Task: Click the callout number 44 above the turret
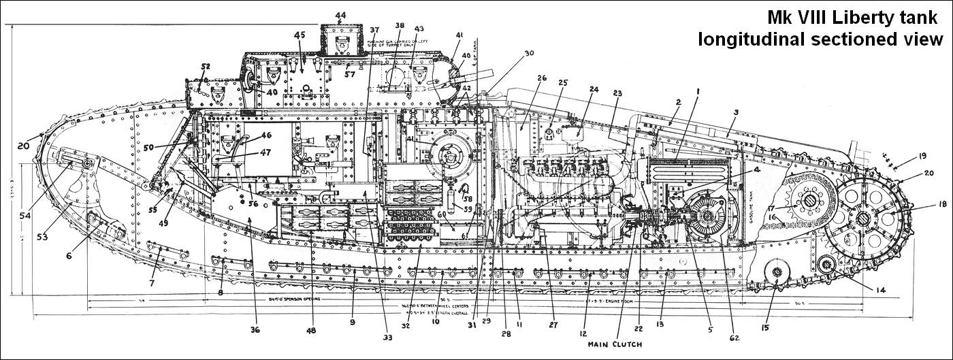(340, 15)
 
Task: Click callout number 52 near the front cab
(206, 67)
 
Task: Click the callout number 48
(310, 331)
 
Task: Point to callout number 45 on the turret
(300, 35)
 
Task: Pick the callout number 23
(617, 94)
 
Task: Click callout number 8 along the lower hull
(221, 293)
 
